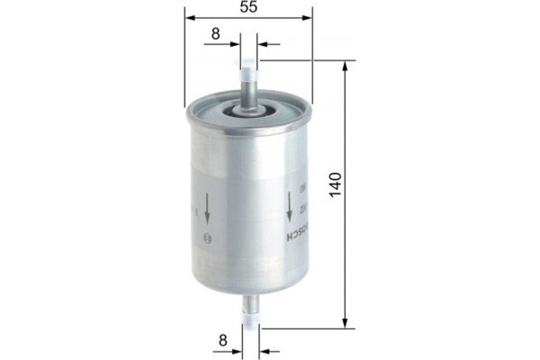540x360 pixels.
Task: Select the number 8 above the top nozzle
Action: (215, 34)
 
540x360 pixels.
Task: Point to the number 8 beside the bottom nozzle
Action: (221, 340)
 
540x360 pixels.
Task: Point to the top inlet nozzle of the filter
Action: (247, 81)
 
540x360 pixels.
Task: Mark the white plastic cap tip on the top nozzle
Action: (247, 64)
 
